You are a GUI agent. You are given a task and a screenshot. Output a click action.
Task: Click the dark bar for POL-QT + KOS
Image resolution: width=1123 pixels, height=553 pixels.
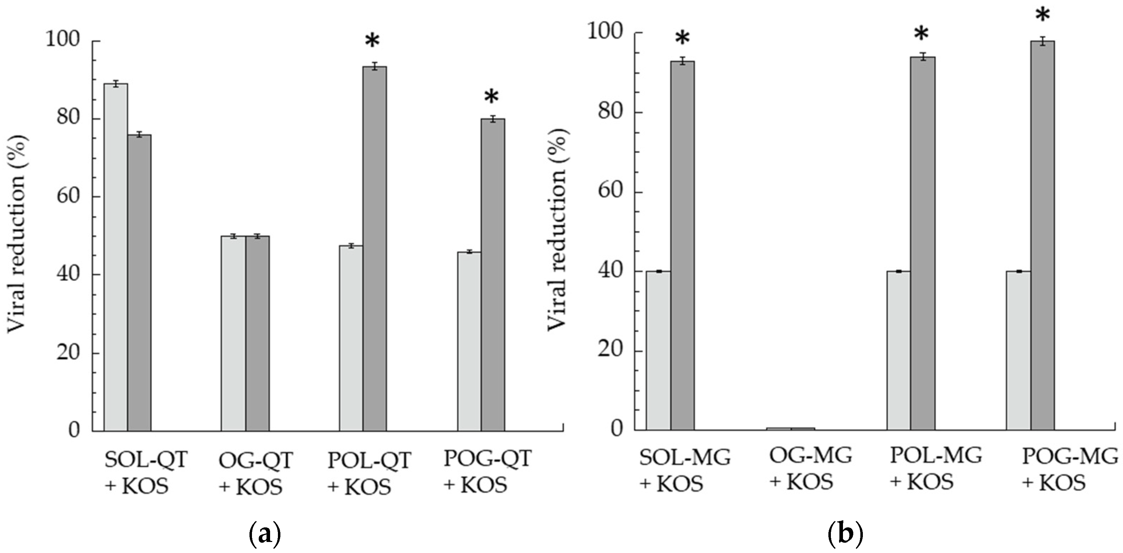point(375,249)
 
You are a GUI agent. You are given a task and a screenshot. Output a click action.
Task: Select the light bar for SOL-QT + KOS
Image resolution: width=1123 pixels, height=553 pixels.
point(115,257)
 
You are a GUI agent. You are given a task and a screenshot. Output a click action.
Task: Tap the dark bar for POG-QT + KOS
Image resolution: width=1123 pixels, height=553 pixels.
point(493,275)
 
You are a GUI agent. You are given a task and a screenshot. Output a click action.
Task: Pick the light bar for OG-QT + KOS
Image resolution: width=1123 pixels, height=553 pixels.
point(233,334)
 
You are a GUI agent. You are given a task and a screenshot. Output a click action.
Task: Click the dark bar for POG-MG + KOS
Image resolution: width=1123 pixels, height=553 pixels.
point(1042,235)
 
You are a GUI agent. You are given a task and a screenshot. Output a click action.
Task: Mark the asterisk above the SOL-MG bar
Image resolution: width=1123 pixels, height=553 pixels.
point(682,38)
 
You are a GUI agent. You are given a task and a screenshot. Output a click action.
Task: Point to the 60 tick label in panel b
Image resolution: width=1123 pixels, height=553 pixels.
point(610,192)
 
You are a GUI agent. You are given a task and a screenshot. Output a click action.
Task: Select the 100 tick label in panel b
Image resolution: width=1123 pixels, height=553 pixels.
point(605,33)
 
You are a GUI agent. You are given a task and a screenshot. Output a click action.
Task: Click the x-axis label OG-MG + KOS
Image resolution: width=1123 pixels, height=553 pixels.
point(810,468)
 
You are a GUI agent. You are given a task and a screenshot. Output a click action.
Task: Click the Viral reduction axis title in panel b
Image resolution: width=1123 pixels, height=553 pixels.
point(558,229)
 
